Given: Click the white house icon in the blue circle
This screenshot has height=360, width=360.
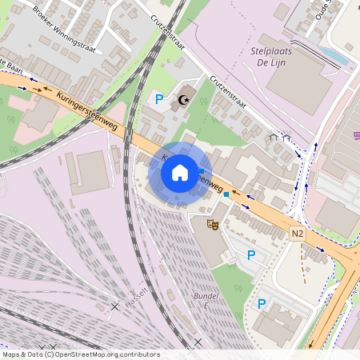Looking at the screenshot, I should tap(180, 172).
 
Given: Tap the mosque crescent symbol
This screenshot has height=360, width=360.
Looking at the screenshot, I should tap(186, 100).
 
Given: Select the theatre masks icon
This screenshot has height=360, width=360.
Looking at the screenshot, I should tap(212, 225).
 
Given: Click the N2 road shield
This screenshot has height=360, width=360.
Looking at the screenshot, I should tap(298, 233).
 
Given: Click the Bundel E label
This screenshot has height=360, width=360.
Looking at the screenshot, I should tap(206, 301).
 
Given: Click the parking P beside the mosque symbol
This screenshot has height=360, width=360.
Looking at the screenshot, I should tap(159, 99).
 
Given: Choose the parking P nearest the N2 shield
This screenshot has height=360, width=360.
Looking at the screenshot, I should tap(251, 255).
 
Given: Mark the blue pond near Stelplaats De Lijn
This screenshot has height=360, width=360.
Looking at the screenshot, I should tap(337, 56).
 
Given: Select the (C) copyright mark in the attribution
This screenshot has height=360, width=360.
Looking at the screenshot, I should tap(50, 354).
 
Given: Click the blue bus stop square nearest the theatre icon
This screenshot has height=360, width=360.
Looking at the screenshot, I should tap(226, 194).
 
